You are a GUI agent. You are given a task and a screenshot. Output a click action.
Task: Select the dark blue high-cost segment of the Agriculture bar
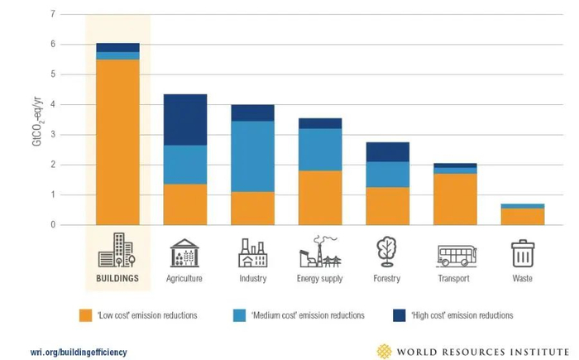point(184,120)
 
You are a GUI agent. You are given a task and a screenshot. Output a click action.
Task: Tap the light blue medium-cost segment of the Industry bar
point(252,156)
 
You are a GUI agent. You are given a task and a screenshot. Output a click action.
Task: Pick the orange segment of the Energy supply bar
point(320,198)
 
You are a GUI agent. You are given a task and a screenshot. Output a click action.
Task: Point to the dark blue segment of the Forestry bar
point(387,151)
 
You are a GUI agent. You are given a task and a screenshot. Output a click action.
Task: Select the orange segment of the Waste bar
point(523,216)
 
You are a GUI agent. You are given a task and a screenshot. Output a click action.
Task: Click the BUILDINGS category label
point(117,279)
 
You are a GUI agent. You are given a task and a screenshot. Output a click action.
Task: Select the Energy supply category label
point(320,279)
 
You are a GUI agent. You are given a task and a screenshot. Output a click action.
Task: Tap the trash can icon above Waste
point(523,253)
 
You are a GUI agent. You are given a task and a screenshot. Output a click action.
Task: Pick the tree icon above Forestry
point(387,252)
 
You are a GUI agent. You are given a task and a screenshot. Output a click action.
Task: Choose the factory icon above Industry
point(252,253)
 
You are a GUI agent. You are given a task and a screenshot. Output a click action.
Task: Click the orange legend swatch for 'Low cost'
point(85,315)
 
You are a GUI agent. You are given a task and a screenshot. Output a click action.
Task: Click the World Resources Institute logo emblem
point(384,351)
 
